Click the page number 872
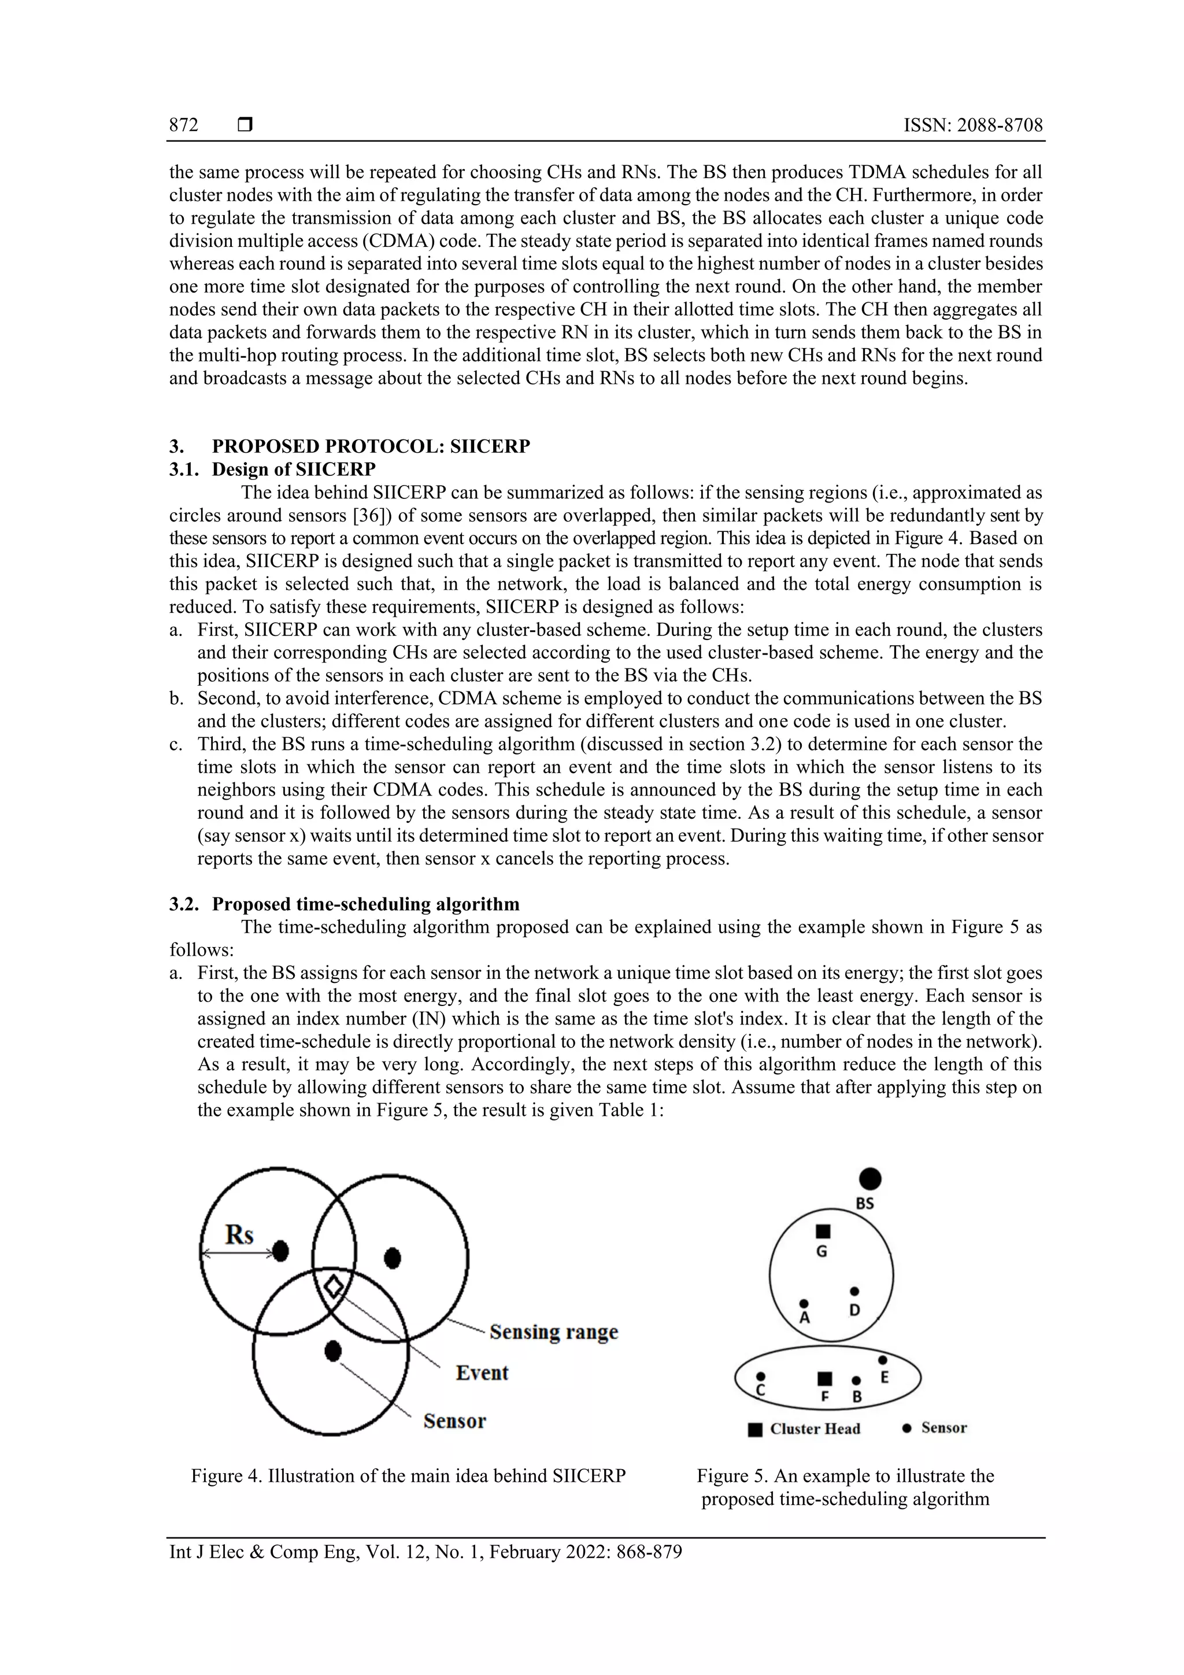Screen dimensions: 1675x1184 [184, 125]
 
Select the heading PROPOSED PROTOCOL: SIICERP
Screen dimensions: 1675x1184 [371, 446]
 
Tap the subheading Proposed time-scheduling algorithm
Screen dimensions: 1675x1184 [365, 905]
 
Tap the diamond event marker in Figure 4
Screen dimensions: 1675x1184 [334, 1286]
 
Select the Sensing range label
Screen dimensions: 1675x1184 [554, 1332]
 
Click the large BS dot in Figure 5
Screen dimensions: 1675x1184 [869, 1178]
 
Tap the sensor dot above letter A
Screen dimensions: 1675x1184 [804, 1303]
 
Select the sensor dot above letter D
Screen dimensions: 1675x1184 [854, 1291]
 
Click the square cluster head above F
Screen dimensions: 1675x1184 [824, 1378]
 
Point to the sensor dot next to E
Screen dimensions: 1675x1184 [882, 1360]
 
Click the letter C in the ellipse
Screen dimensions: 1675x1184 [760, 1391]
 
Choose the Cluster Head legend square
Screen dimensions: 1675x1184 [755, 1429]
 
